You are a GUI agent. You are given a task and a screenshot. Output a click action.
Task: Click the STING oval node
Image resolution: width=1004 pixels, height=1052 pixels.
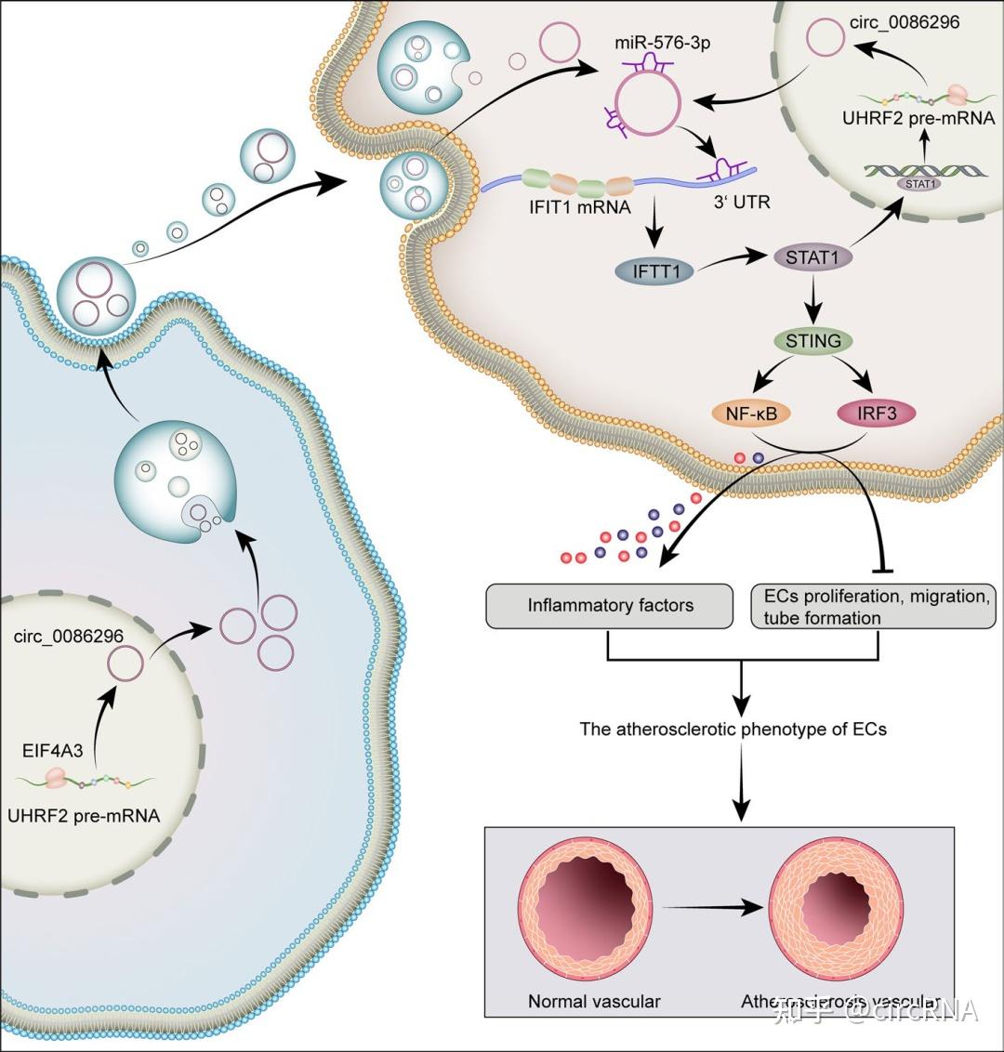click(813, 341)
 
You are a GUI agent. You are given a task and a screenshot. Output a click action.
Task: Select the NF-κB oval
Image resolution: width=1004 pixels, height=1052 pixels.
click(750, 414)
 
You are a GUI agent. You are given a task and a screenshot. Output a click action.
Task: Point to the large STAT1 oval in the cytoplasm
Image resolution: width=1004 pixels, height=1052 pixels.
click(812, 256)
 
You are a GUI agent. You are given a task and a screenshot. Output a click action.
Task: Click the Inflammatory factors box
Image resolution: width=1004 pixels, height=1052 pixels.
click(611, 605)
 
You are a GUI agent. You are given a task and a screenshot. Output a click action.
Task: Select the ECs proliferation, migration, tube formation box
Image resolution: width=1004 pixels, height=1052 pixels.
click(872, 606)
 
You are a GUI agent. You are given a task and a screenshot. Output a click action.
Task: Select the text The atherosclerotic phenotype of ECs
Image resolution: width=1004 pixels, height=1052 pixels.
click(733, 729)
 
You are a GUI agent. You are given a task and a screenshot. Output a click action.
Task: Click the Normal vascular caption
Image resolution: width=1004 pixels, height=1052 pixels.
click(594, 1001)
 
